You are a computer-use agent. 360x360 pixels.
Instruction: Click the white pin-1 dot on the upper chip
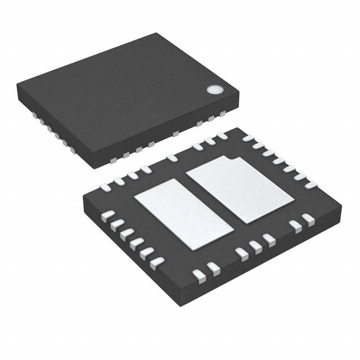[214, 89]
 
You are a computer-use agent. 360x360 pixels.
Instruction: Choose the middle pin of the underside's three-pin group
[256, 245]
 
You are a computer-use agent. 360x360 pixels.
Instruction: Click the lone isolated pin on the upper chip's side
[176, 133]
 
